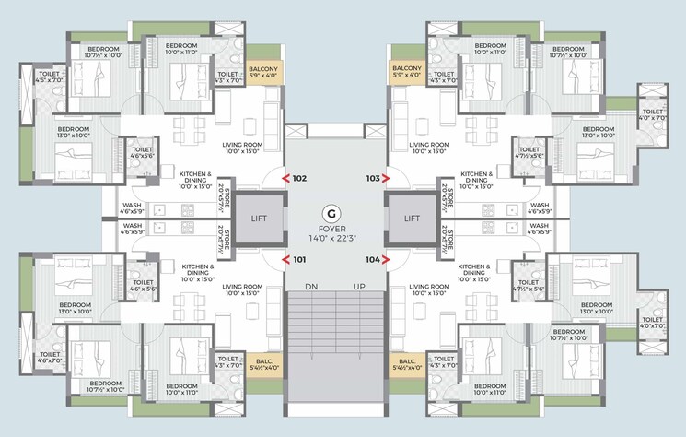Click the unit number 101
click(x=299, y=260)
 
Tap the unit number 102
click(x=299, y=179)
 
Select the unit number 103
click(x=372, y=179)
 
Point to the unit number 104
click(x=372, y=260)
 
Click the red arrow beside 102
click(x=286, y=179)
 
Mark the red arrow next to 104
click(x=388, y=260)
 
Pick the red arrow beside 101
click(x=286, y=260)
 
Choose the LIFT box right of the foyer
click(x=412, y=219)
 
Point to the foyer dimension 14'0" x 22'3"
click(x=336, y=236)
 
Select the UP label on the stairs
click(x=360, y=288)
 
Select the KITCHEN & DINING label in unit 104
click(x=474, y=270)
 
